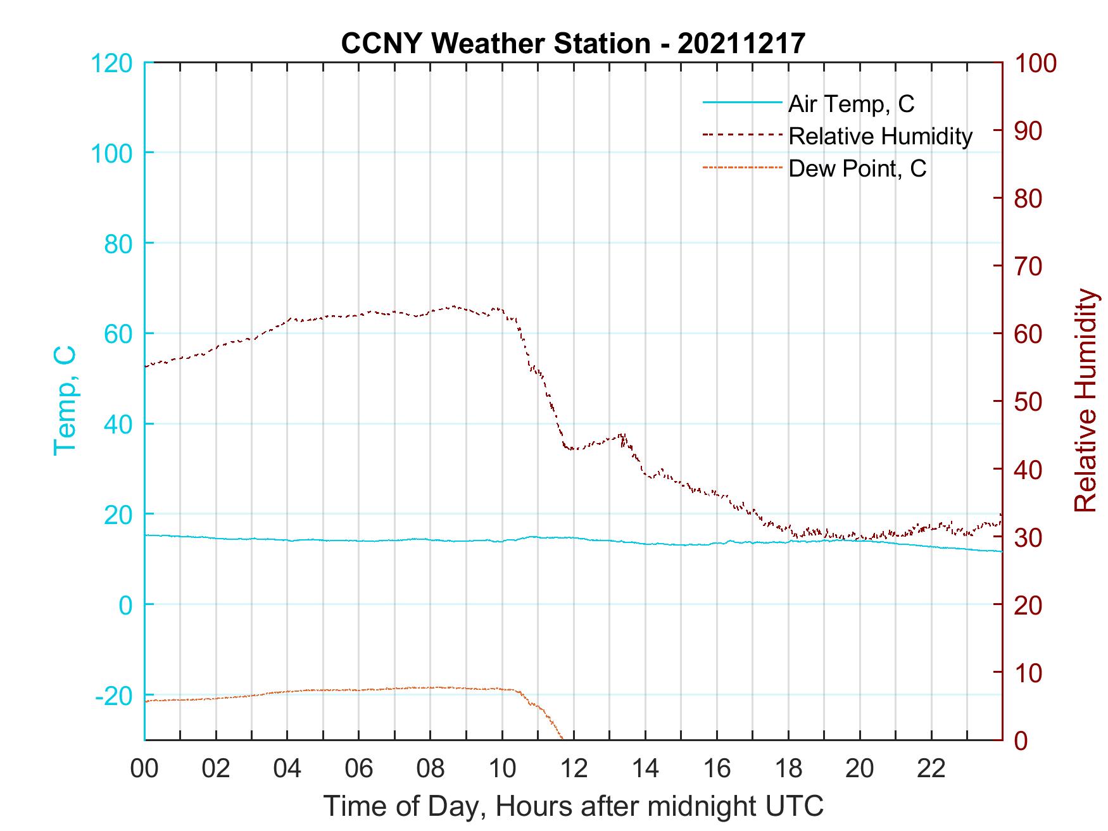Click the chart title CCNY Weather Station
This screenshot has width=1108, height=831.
click(x=573, y=43)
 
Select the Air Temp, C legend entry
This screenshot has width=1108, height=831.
click(x=851, y=103)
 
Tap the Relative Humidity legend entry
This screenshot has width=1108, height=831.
click(x=880, y=136)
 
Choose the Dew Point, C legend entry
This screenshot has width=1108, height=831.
click(x=857, y=168)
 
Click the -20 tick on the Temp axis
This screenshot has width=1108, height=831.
click(x=114, y=696)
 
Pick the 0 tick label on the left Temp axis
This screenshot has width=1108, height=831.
click(x=126, y=605)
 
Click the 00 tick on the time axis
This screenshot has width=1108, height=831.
click(x=144, y=768)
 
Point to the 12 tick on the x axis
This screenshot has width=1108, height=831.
click(x=574, y=768)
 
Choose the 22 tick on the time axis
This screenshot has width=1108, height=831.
click(x=931, y=768)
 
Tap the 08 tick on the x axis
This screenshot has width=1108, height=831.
click(x=431, y=768)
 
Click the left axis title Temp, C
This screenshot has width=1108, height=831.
click(x=65, y=401)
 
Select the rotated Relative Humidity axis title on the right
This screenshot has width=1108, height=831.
click(x=1085, y=401)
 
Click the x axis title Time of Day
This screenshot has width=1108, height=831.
click(x=573, y=806)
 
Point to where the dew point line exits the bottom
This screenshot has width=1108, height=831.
click(x=562, y=738)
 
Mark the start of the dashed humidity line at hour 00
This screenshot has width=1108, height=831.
click(x=146, y=366)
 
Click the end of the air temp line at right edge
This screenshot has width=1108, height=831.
click(x=1002, y=551)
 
